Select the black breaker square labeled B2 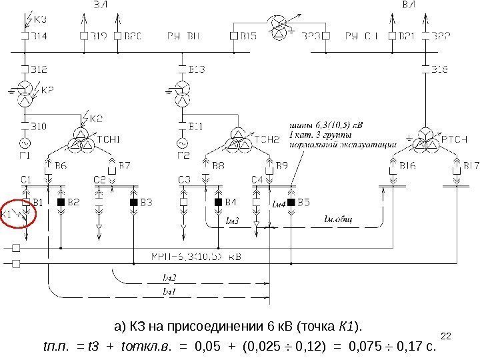pyautogui.click(x=61, y=201)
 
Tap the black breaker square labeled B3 pyautogui.click(x=133, y=201)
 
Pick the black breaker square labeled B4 pyautogui.click(x=217, y=201)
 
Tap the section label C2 pyautogui.click(x=100, y=179)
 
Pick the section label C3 pyautogui.click(x=185, y=179)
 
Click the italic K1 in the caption pyautogui.click(x=350, y=326)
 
